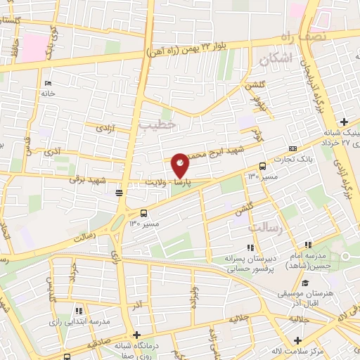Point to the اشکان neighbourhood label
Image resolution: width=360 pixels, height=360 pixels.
(x=274, y=60)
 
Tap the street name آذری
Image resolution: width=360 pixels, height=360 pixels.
(x=52, y=151)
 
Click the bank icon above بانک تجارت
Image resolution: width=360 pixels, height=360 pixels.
(x=292, y=148)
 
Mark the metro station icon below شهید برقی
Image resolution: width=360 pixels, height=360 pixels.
(x=120, y=192)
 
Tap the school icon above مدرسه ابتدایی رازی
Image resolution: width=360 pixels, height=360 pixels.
(x=79, y=309)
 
